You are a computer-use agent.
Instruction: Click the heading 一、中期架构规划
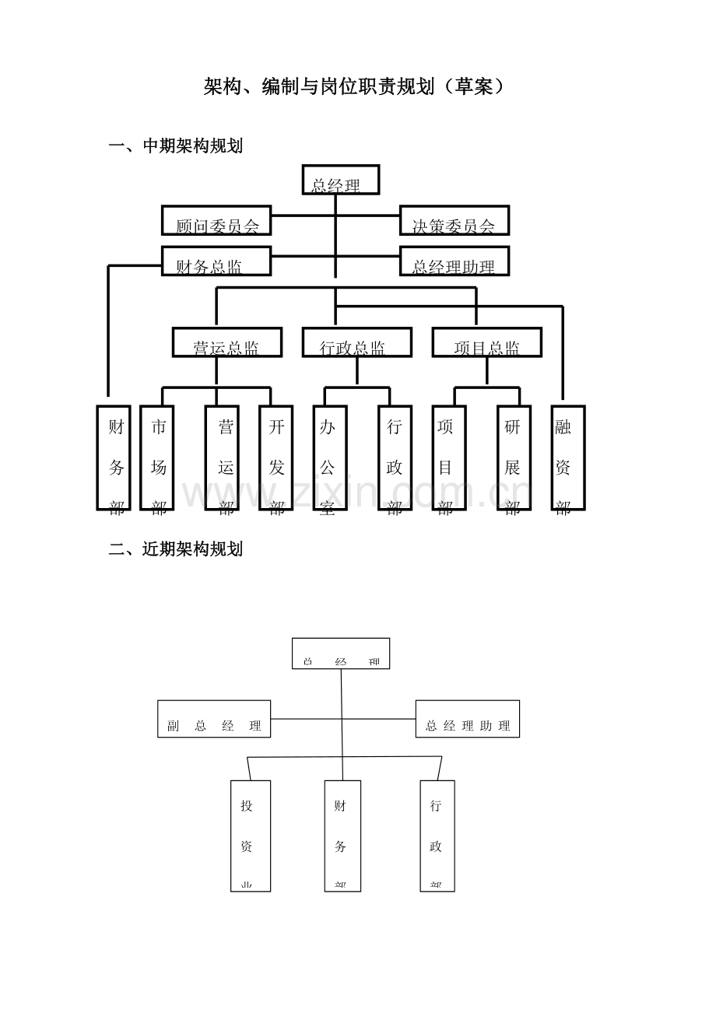coord(176,145)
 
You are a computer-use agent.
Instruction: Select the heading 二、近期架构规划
coord(176,549)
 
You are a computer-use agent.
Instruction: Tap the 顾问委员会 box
coord(216,220)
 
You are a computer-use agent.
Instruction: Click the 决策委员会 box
coord(454,220)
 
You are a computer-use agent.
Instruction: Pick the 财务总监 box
coord(216,261)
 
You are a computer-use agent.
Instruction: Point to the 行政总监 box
coord(356,342)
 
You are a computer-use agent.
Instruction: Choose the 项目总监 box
coord(487,342)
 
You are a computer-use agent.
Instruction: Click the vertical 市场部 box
coord(157,457)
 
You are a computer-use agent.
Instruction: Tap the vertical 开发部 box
coord(276,457)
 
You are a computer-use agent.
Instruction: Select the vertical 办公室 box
coord(329,457)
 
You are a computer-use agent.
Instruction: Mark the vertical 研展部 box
coord(514,457)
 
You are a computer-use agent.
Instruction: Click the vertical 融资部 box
coord(567,457)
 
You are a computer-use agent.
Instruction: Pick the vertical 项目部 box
coord(449,457)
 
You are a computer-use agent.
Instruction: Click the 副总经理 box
coord(214,719)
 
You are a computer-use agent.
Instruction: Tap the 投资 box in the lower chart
coord(251,836)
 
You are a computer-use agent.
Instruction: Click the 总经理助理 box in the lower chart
coord(467,719)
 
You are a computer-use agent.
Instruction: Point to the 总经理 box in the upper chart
coord(341,180)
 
